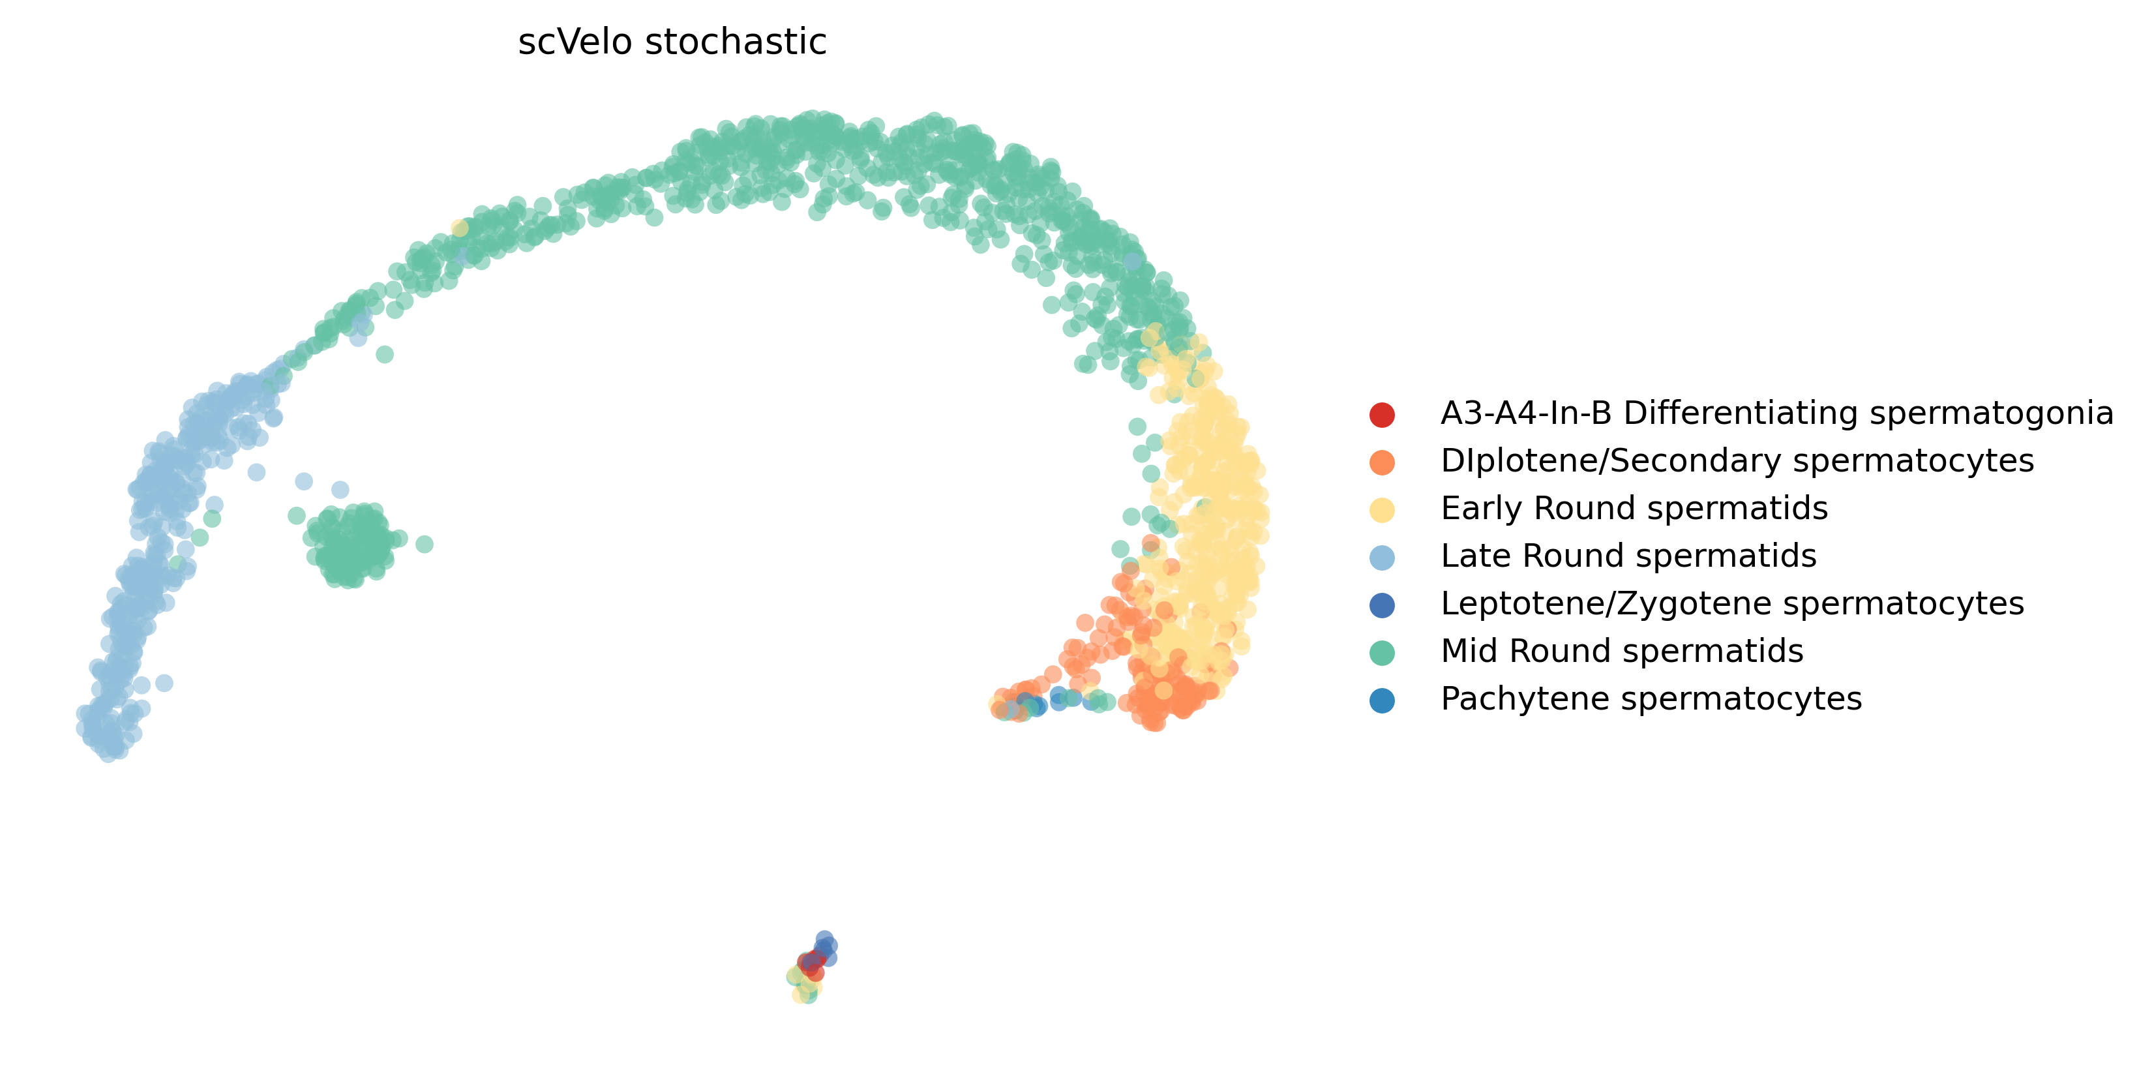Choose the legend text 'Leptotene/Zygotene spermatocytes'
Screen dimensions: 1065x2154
click(1731, 603)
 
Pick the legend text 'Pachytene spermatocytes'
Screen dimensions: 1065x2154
click(1651, 699)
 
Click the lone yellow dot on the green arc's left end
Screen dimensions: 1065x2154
click(459, 228)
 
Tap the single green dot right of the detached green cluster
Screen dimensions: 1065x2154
click(424, 544)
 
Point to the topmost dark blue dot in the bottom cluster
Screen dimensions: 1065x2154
click(824, 938)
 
